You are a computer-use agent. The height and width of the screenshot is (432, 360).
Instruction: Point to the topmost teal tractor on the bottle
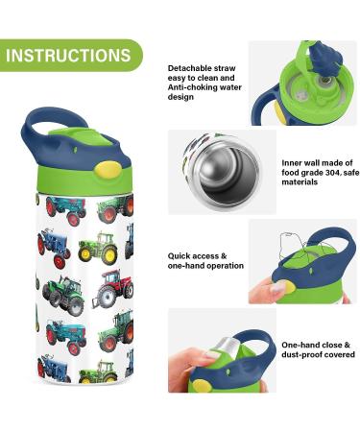[x=65, y=205]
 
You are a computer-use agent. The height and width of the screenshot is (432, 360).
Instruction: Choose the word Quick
[x=180, y=256]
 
